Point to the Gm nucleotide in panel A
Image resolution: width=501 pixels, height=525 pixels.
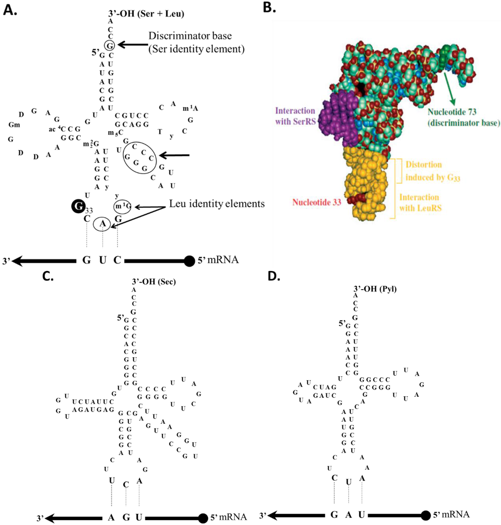[14, 124]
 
